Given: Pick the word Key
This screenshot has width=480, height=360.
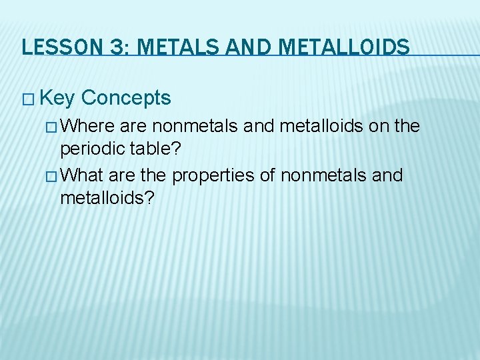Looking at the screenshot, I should click(x=57, y=99).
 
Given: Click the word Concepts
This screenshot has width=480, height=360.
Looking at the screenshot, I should click(x=126, y=99).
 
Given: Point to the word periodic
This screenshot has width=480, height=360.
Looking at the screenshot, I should click(x=87, y=151).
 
